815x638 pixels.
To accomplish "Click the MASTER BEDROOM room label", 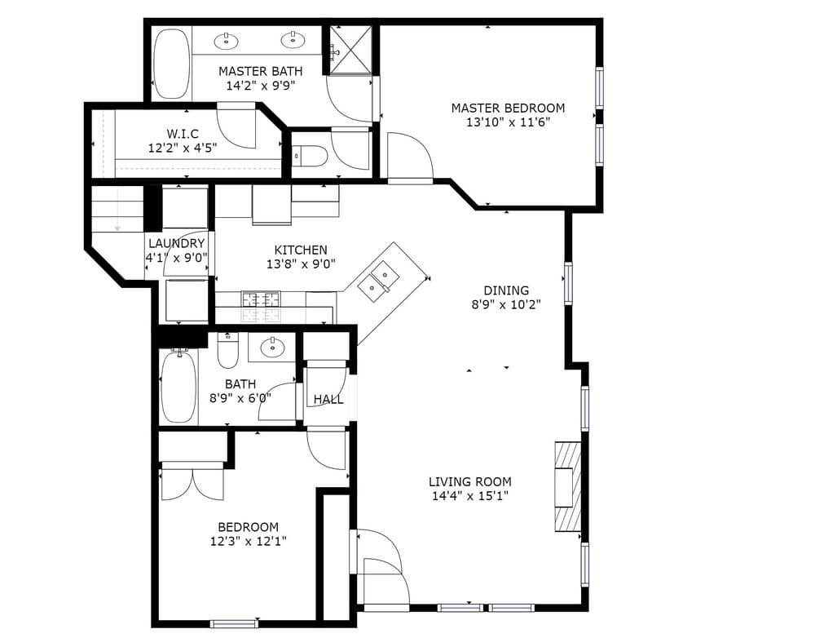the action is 508,109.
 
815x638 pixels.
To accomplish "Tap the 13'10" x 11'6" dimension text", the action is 508,123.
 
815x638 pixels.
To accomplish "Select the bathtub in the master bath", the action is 172,64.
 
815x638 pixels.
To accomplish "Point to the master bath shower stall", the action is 350,50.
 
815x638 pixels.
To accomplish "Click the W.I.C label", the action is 183,134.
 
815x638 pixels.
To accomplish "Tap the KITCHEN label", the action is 301,250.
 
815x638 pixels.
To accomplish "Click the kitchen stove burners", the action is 261,307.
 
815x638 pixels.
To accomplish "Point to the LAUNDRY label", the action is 177,244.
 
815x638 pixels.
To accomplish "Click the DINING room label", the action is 506,290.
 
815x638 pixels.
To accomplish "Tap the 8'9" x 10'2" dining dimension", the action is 506,304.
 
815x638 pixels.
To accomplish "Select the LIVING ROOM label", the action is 470,482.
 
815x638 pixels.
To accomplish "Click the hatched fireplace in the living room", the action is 567,486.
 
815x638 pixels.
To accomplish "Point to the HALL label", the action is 328,400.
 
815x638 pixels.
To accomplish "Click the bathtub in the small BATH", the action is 178,386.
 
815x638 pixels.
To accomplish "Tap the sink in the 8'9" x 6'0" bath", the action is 272,347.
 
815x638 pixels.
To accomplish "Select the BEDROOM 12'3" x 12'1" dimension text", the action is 248,542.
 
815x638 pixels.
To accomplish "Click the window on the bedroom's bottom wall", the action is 234,623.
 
